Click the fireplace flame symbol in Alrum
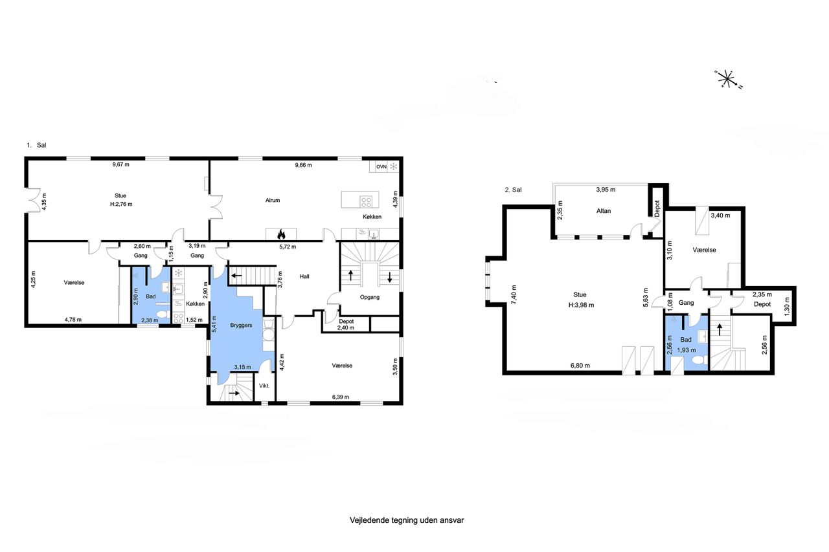pos(281,234)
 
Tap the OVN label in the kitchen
pos(381,167)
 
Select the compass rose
pos(727,79)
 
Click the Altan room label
pos(604,211)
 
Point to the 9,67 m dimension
pos(121,164)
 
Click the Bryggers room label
pos(241,326)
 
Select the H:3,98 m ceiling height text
pos(581,305)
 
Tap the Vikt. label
pos(264,386)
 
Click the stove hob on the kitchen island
pos(367,202)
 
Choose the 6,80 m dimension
pos(580,366)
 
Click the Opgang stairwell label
pos(370,297)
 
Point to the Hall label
pos(304,276)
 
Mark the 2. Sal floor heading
pos(514,190)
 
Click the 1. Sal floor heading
pos(36,146)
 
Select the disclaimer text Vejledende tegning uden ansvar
pos(407,520)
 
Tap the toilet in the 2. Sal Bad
pos(699,360)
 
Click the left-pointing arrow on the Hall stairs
pos(237,276)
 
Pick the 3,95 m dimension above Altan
pos(606,190)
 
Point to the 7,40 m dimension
pos(514,294)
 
